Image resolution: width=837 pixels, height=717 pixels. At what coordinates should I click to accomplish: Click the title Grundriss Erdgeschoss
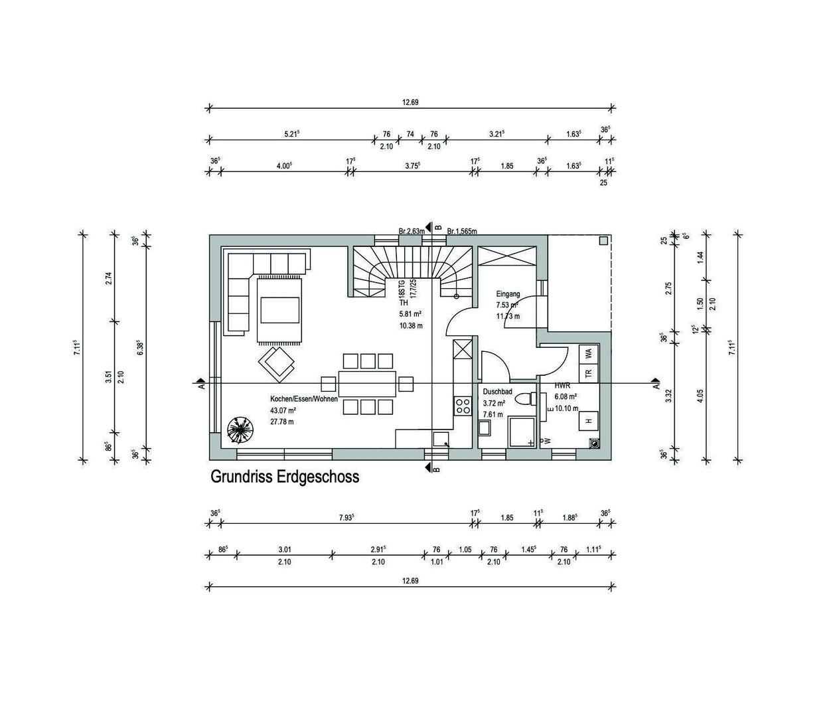pyautogui.click(x=284, y=477)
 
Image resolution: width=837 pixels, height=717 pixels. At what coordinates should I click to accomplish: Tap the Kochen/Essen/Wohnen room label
pyautogui.click(x=303, y=399)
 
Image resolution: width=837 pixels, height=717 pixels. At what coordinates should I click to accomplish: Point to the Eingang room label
pyautogui.click(x=508, y=293)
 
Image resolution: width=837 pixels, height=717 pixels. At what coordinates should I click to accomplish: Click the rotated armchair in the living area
pyautogui.click(x=276, y=363)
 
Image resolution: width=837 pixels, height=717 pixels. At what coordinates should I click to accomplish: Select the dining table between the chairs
pyautogui.click(x=367, y=384)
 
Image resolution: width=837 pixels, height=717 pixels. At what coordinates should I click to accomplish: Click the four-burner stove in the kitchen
pyautogui.click(x=461, y=405)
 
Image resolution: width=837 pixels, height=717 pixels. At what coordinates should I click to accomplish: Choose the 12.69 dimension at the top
pyautogui.click(x=410, y=102)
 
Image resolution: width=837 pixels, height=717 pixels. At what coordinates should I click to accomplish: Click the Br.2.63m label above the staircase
pyautogui.click(x=411, y=231)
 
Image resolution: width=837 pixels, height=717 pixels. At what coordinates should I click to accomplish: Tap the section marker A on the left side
pyautogui.click(x=200, y=384)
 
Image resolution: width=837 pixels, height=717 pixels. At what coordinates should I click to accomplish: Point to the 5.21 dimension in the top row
pyautogui.click(x=291, y=134)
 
